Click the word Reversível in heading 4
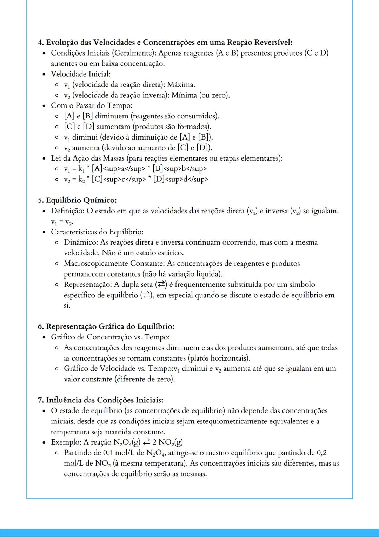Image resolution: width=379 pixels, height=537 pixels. (273, 43)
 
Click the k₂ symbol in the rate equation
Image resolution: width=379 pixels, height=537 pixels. (81, 180)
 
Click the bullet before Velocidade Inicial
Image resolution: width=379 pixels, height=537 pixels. (44, 75)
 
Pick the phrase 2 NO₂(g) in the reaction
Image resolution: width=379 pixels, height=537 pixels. (167, 442)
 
